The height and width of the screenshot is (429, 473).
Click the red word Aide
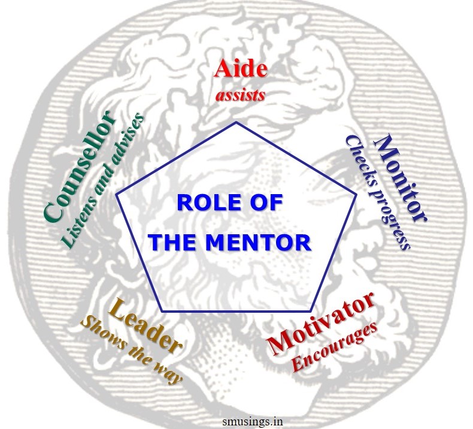coord(240,69)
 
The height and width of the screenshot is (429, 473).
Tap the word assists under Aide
coord(240,93)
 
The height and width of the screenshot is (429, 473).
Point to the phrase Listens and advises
coord(104,180)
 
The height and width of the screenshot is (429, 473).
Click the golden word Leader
coord(145,327)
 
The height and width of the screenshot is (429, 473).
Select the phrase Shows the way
coord(131,351)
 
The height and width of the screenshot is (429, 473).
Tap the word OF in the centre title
coord(265,203)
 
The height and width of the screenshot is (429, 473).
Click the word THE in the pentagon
coord(172,243)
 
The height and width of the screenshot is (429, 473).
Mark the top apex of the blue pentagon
coord(236,122)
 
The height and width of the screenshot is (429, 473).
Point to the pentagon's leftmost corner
coord(116,194)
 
